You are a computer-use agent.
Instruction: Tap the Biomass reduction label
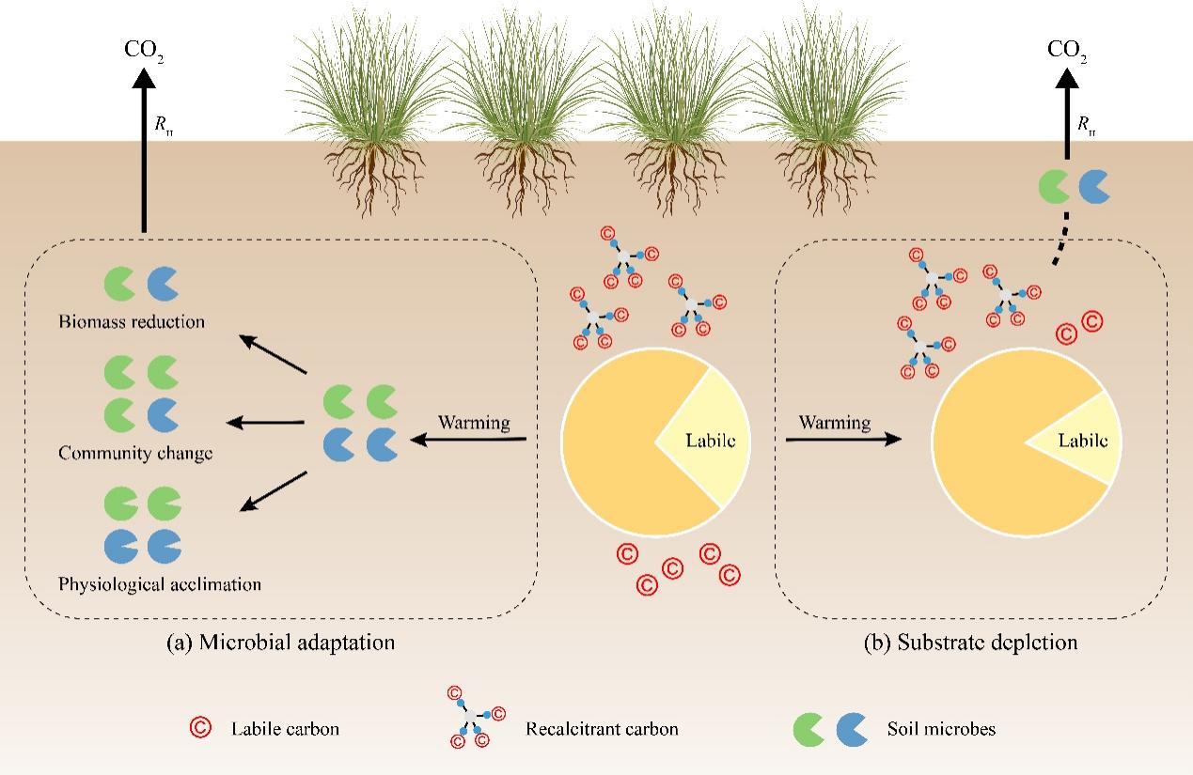pos(132,322)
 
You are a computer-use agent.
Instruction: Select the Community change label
pos(135,453)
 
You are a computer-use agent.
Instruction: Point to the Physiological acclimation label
pos(160,584)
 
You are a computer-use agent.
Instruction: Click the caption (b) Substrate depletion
pos(970,643)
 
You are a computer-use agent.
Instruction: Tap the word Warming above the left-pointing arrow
pos(474,423)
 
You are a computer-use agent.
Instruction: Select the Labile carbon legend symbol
pos(199,727)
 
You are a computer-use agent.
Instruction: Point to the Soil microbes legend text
pos(928,728)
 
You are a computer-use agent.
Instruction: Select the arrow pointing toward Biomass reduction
pos(274,356)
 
